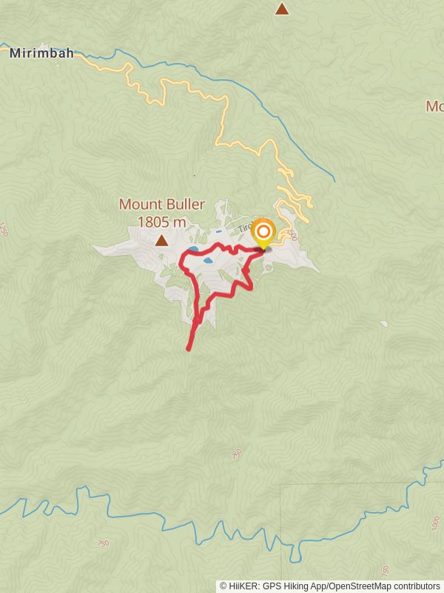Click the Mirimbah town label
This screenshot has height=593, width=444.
coord(41,53)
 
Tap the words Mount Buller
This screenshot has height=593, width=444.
coord(161,204)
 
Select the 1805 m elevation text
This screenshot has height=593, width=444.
coord(161,221)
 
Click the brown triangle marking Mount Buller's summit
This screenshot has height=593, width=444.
coord(161,240)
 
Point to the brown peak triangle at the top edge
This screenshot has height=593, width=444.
coord(281,9)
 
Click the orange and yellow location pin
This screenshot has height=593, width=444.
coord(263,233)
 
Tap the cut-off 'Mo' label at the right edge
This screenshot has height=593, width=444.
coord(434,106)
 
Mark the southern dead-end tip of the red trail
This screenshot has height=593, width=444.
coord(189,348)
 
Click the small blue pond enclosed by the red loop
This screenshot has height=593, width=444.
coord(208,261)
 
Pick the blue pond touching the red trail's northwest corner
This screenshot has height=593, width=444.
coord(192,250)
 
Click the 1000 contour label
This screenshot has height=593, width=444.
coord(435,523)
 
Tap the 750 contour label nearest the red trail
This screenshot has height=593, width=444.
coord(237,454)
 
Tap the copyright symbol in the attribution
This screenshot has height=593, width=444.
coord(223,586)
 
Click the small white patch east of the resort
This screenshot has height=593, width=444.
coord(383,323)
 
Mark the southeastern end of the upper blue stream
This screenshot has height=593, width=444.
coord(334,180)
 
